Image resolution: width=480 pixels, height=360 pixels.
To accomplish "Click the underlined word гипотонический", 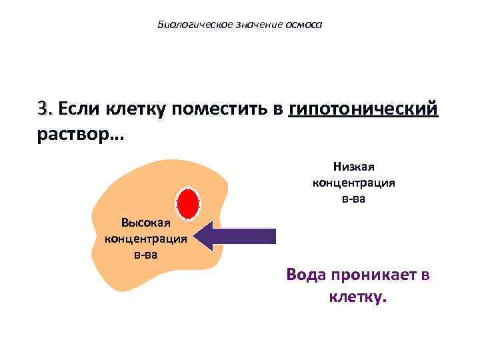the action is pos(364,108).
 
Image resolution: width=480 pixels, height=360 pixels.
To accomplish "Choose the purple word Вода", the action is pos(309,275).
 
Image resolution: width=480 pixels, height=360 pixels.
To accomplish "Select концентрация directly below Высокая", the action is pos(145,238).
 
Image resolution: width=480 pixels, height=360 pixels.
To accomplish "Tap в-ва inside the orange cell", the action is pos(145,253).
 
